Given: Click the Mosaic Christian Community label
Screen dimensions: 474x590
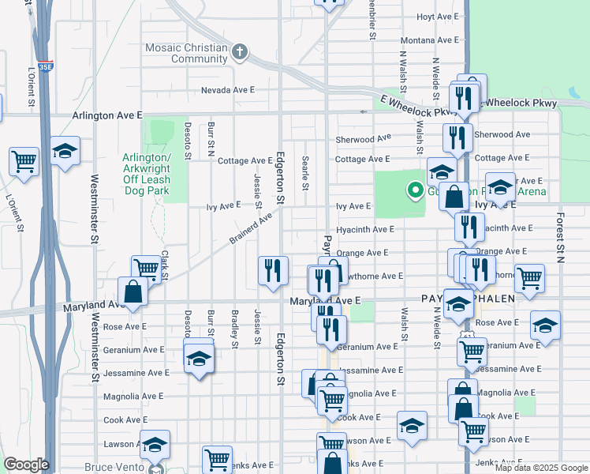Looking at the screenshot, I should click(187, 54).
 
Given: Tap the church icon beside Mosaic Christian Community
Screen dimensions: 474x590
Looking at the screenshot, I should click(240, 53).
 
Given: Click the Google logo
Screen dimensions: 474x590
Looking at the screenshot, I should click(25, 465).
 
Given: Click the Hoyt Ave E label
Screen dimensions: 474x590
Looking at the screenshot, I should click(436, 17).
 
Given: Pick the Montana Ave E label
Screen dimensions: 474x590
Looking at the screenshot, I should click(429, 40).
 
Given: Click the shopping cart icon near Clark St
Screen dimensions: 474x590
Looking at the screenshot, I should click(145, 269).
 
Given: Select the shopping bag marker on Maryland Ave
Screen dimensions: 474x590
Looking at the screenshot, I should click(133, 291).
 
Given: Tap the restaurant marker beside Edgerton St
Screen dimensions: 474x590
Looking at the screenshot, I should click(272, 270).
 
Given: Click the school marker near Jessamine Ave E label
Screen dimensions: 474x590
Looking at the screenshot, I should click(199, 359).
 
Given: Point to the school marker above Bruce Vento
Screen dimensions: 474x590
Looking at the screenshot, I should click(155, 445).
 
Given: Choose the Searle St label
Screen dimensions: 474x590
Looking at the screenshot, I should click(305, 173).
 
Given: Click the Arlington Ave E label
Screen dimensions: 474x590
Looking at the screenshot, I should click(107, 115).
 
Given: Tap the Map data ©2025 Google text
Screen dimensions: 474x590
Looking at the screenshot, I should click(541, 468).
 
